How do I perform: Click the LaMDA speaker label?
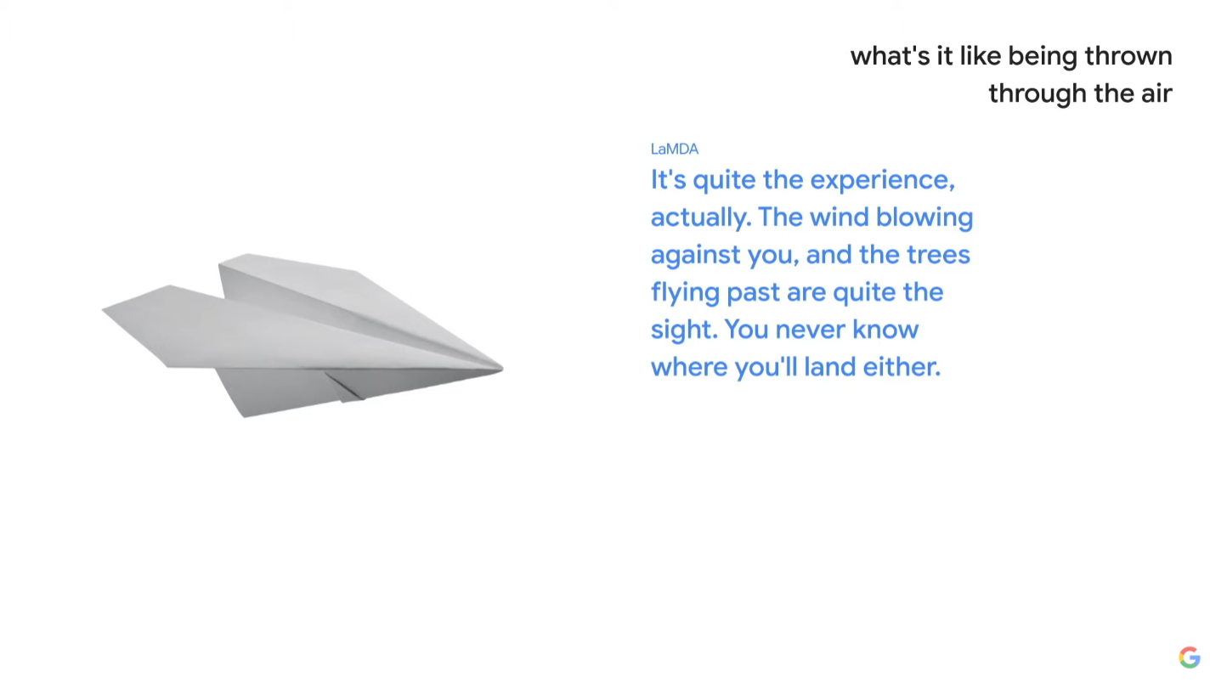(674, 149)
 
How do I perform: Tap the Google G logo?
(1190, 657)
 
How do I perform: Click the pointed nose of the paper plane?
(502, 369)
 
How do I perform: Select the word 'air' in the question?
(1156, 93)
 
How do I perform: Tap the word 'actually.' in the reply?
(701, 217)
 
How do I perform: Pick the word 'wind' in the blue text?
(839, 217)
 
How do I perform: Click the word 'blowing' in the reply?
(924, 217)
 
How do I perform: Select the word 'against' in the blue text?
(695, 255)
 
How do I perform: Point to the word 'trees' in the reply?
(938, 255)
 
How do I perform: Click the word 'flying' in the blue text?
(685, 292)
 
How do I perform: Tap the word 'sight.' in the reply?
(684, 330)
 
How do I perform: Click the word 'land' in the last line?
(829, 367)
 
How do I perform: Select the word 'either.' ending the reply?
(902, 367)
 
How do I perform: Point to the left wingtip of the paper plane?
(104, 309)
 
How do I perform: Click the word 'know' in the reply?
(885, 330)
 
